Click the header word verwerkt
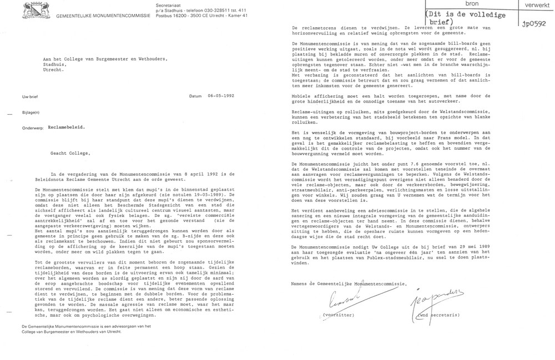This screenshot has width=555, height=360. [533, 4]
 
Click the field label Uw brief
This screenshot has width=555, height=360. [29, 95]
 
